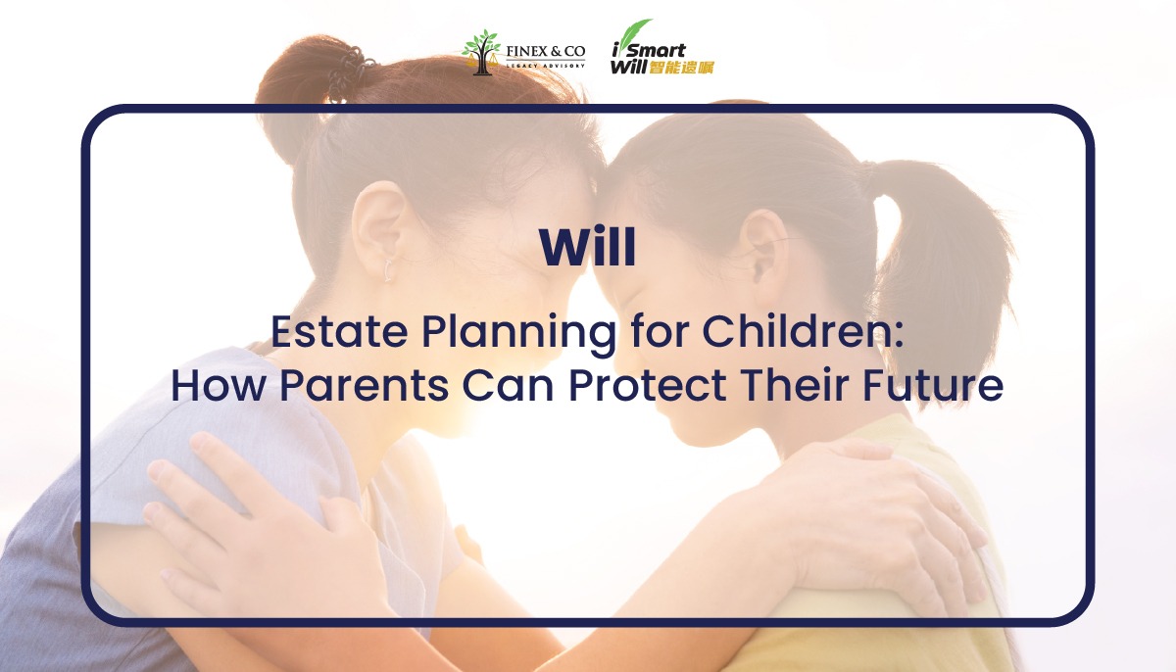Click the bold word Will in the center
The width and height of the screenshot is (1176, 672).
click(x=587, y=247)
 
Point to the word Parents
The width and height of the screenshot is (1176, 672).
click(x=364, y=385)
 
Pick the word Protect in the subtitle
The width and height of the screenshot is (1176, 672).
click(x=648, y=385)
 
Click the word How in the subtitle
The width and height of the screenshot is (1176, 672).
click(x=218, y=385)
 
